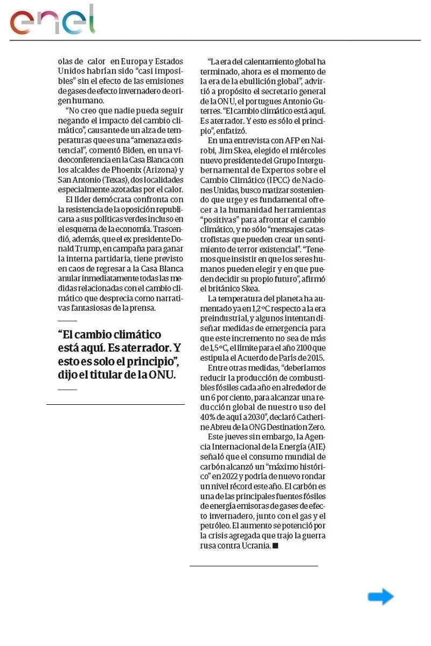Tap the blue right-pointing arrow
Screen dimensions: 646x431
click(381, 596)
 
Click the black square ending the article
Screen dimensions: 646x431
click(275, 546)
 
